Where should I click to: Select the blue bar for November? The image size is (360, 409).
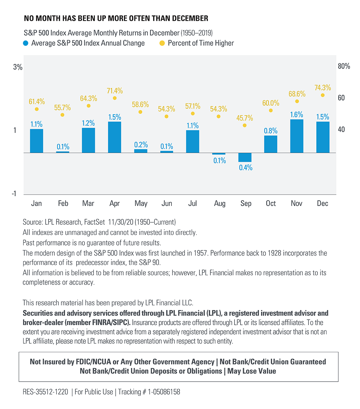(297, 136)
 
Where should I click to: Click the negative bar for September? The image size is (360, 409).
(245, 157)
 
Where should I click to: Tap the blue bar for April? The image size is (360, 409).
(115, 137)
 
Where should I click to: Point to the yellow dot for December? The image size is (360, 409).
(323, 95)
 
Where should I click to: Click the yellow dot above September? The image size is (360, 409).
(245, 125)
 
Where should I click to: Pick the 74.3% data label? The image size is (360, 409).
(323, 88)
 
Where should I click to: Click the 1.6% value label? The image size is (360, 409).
(297, 115)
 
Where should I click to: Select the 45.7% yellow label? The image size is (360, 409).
(245, 118)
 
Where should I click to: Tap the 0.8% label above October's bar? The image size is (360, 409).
(271, 131)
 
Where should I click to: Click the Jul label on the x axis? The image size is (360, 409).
(192, 204)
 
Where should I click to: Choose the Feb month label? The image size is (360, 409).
(63, 204)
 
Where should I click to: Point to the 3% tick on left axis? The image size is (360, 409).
(18, 67)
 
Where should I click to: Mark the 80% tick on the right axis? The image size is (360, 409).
(344, 66)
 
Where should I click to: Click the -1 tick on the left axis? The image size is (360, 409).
(14, 194)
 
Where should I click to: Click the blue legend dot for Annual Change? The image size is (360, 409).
(26, 43)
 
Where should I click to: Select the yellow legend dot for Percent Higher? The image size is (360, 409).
(162, 43)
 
